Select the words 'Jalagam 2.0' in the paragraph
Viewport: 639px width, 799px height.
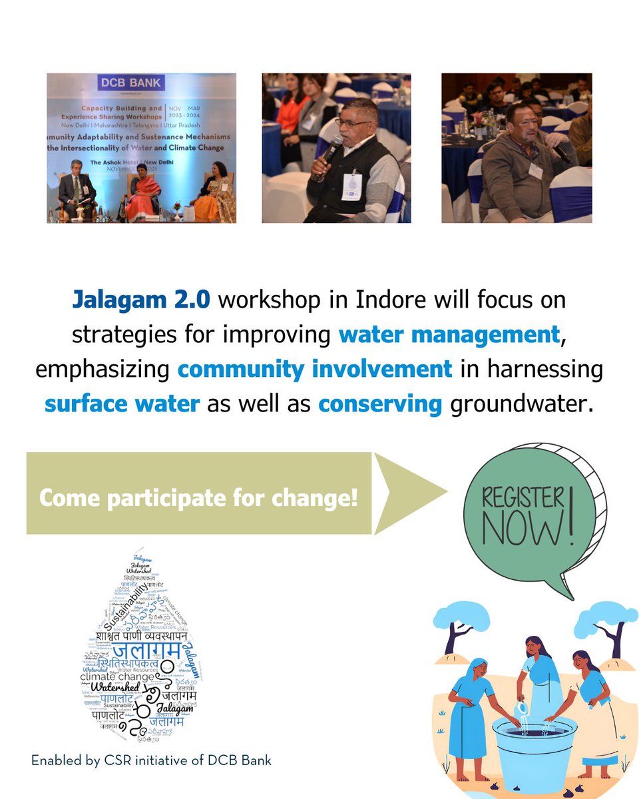[141, 300]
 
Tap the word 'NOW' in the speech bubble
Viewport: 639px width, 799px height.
[523, 531]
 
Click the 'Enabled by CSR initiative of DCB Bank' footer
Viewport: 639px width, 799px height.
[151, 760]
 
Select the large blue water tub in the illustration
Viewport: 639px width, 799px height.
[533, 745]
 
